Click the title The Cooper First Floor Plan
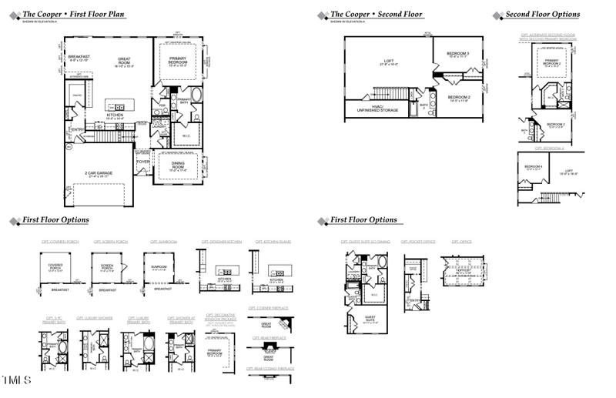point(74,14)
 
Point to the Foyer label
point(144,162)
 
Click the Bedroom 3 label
point(458,54)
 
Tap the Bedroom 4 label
point(534,168)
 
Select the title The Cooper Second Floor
point(377,14)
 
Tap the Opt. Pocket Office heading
point(420,242)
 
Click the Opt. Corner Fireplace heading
point(268,308)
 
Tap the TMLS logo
point(16,381)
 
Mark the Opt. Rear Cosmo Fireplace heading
point(270,369)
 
